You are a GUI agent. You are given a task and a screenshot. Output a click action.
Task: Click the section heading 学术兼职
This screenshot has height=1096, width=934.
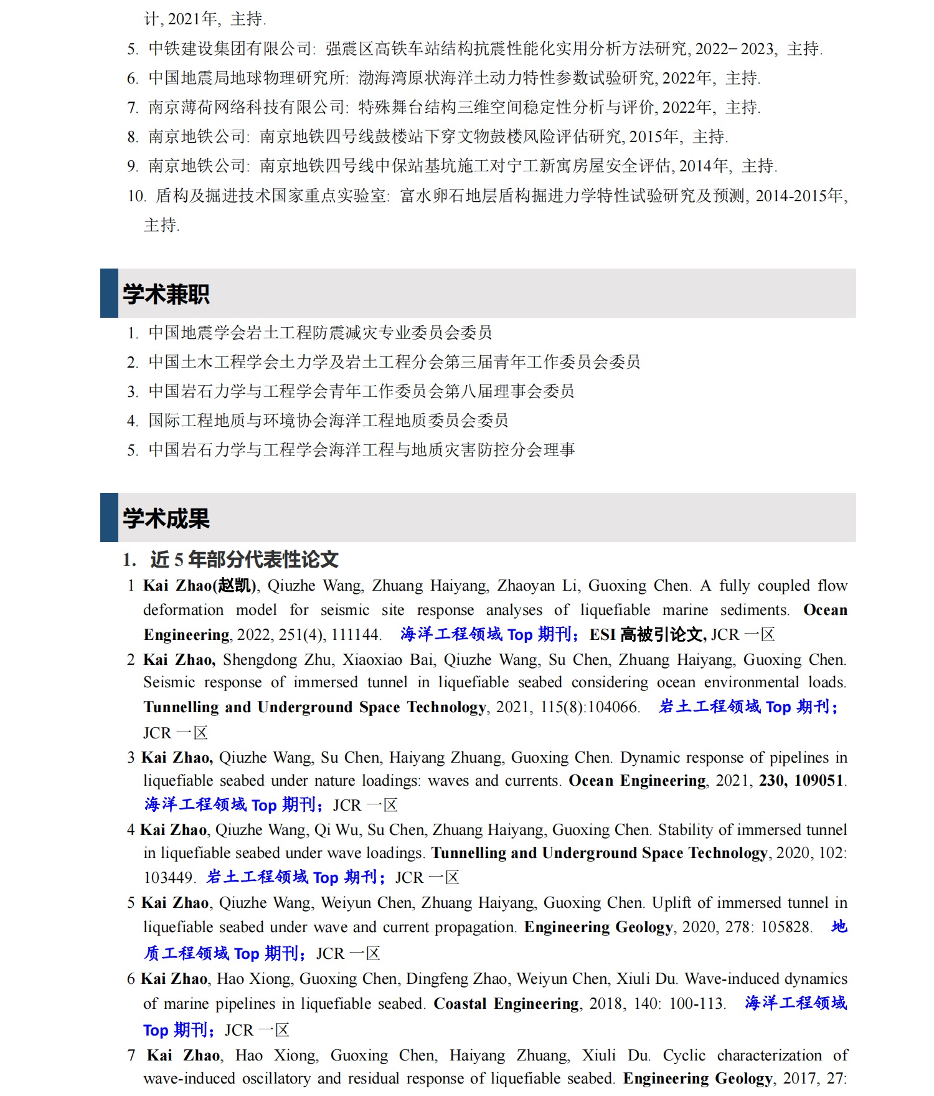(166, 294)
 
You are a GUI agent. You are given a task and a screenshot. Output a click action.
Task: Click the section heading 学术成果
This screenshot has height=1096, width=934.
(166, 518)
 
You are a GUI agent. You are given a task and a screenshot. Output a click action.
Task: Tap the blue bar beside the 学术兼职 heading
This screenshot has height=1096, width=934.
(109, 293)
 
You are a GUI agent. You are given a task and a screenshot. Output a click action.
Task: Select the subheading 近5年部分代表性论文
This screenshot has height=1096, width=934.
(243, 560)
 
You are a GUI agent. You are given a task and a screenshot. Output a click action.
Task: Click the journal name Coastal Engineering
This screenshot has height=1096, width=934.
(506, 1004)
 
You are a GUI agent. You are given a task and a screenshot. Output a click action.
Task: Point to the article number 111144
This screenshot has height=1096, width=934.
(354, 635)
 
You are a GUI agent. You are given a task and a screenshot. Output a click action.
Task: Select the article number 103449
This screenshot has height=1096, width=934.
(168, 878)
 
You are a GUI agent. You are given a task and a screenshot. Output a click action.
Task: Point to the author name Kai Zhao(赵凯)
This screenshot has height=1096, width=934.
(200, 586)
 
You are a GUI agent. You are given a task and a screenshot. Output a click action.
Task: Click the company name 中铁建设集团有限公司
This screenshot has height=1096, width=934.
(230, 49)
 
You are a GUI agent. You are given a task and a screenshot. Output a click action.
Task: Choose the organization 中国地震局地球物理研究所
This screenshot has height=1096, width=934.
(247, 78)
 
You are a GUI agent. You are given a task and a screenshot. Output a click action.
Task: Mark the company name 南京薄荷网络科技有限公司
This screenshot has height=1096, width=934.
(247, 107)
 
